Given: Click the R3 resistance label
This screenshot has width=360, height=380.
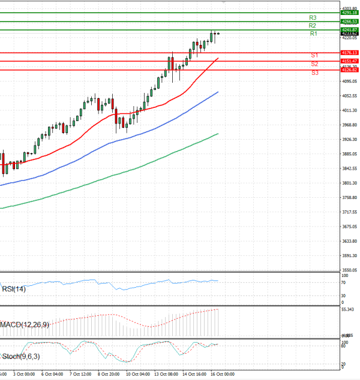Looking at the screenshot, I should pyautogui.click(x=313, y=17).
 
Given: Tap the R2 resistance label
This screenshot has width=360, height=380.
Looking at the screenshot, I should pyautogui.click(x=313, y=26).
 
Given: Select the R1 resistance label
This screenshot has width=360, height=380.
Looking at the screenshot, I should pyautogui.click(x=313, y=34).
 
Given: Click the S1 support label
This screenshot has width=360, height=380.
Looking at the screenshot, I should pyautogui.click(x=314, y=55).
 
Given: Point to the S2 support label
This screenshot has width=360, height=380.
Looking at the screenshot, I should pyautogui.click(x=314, y=64).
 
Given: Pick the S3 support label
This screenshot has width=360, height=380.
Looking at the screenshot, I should pyautogui.click(x=314, y=73).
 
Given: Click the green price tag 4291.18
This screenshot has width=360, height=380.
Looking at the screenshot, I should pyautogui.click(x=349, y=12).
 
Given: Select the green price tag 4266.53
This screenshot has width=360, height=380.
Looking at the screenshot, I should pyautogui.click(x=349, y=22).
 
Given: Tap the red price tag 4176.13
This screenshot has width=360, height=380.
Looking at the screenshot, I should pyautogui.click(x=349, y=53).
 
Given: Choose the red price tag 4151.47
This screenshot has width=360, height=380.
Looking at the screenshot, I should pyautogui.click(x=349, y=61).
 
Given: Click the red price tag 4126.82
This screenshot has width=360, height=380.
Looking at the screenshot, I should pyautogui.click(x=349, y=70).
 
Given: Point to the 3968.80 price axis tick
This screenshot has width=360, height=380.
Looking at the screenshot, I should pyautogui.click(x=349, y=125).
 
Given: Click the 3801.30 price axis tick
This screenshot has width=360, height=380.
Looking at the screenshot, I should pyautogui.click(x=349, y=183).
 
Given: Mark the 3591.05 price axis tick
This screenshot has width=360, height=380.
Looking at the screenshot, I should pyautogui.click(x=349, y=255).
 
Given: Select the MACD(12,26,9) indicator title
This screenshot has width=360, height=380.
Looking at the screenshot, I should pyautogui.click(x=25, y=324).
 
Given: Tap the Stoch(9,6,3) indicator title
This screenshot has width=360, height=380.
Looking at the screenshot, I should pyautogui.click(x=20, y=357).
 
